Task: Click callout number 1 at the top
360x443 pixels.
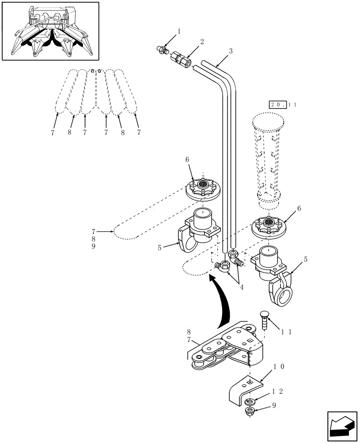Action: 179,31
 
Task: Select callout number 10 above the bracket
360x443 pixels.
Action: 278,367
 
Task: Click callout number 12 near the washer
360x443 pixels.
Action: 278,392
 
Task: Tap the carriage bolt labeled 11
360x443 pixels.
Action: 264,319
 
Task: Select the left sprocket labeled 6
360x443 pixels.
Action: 203,188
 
